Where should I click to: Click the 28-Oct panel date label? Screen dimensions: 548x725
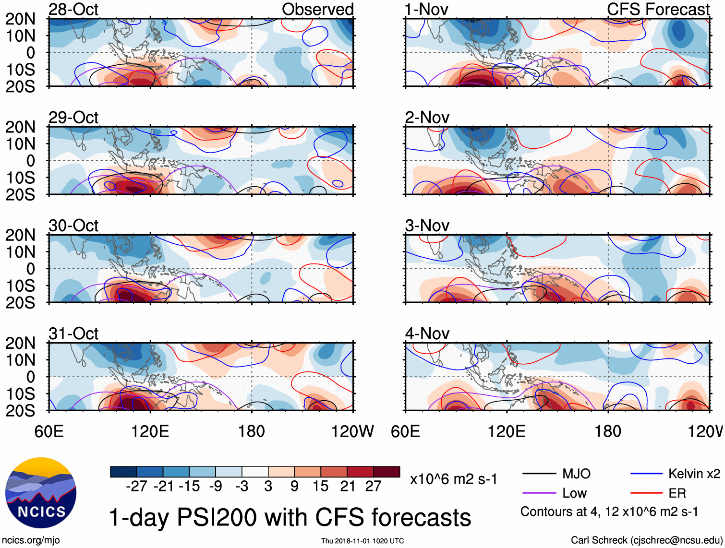point(73,9)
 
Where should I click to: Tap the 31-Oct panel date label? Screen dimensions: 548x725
point(73,333)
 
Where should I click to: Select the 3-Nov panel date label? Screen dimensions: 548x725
point(427,225)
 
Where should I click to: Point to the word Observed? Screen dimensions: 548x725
point(317,9)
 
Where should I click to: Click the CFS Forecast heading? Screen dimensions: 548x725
point(658,9)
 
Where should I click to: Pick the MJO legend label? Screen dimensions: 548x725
point(576,474)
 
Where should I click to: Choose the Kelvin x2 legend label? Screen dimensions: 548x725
point(694,474)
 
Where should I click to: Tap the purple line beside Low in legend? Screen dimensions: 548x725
point(539,493)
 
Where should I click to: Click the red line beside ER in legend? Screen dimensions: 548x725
point(646,493)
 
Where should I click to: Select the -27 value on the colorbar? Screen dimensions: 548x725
point(136,486)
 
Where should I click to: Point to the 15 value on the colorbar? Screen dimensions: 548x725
point(320,486)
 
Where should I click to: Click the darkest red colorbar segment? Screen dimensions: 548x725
point(387,472)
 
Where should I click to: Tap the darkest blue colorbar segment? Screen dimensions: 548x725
point(123,472)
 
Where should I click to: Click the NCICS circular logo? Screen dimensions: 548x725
point(41,493)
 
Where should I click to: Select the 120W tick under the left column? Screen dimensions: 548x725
point(352,431)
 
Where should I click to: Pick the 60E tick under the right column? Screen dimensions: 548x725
point(405,431)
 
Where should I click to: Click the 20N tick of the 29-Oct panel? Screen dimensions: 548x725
point(20,127)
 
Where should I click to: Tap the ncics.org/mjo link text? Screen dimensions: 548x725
point(31,540)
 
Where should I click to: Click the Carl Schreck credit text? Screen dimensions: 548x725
point(646,540)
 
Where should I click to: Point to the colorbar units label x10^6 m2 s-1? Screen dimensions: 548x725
point(453,479)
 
